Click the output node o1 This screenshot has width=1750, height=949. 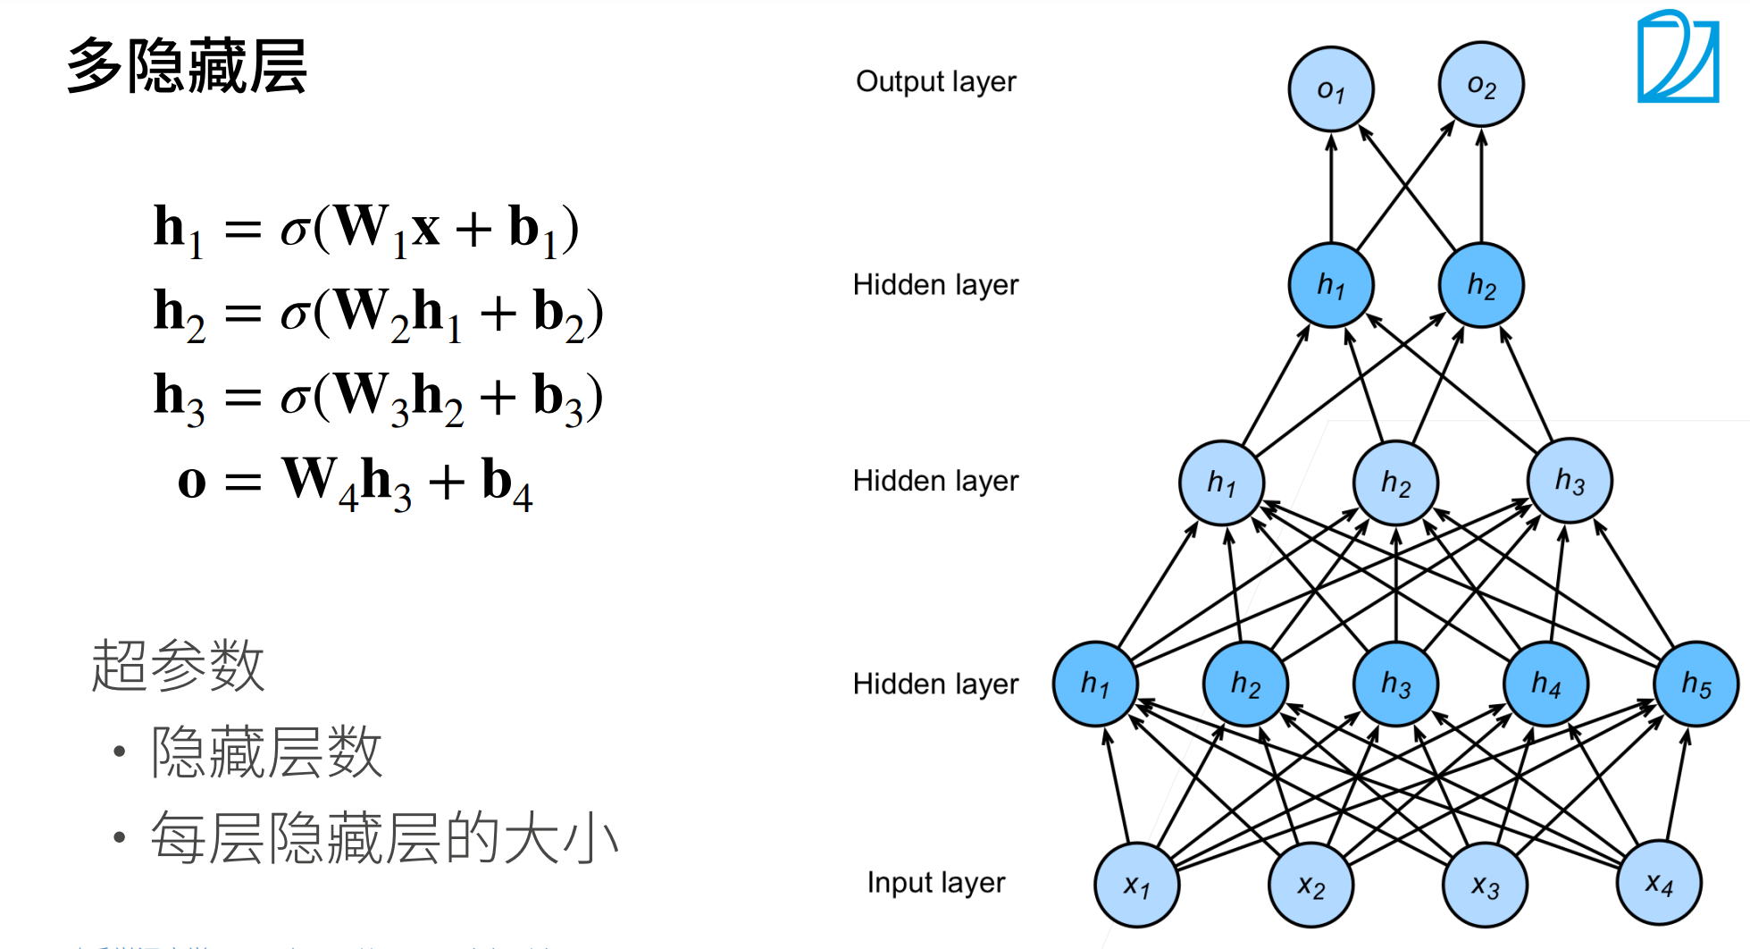(x=1330, y=88)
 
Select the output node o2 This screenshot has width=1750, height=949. (x=1480, y=85)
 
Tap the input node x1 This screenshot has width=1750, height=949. (x=1136, y=885)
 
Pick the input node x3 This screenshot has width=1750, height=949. (x=1485, y=885)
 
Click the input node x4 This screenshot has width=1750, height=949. (x=1658, y=883)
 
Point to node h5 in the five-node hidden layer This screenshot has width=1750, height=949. (x=1696, y=684)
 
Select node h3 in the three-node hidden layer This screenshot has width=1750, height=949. (x=1569, y=481)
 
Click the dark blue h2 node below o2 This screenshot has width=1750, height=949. (x=1480, y=285)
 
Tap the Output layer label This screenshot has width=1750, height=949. (x=935, y=81)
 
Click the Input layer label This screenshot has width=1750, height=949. (x=935, y=882)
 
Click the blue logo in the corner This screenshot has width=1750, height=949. (x=1678, y=57)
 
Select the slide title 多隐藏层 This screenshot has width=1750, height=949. (x=187, y=66)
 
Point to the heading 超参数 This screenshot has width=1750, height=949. (x=178, y=665)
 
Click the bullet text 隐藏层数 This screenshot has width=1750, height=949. (x=266, y=752)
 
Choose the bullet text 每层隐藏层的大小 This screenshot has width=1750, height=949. (x=384, y=838)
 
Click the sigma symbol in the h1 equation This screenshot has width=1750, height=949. (x=294, y=231)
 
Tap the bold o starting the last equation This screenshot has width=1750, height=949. (x=192, y=482)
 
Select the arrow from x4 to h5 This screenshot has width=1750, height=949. (x=1676, y=786)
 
